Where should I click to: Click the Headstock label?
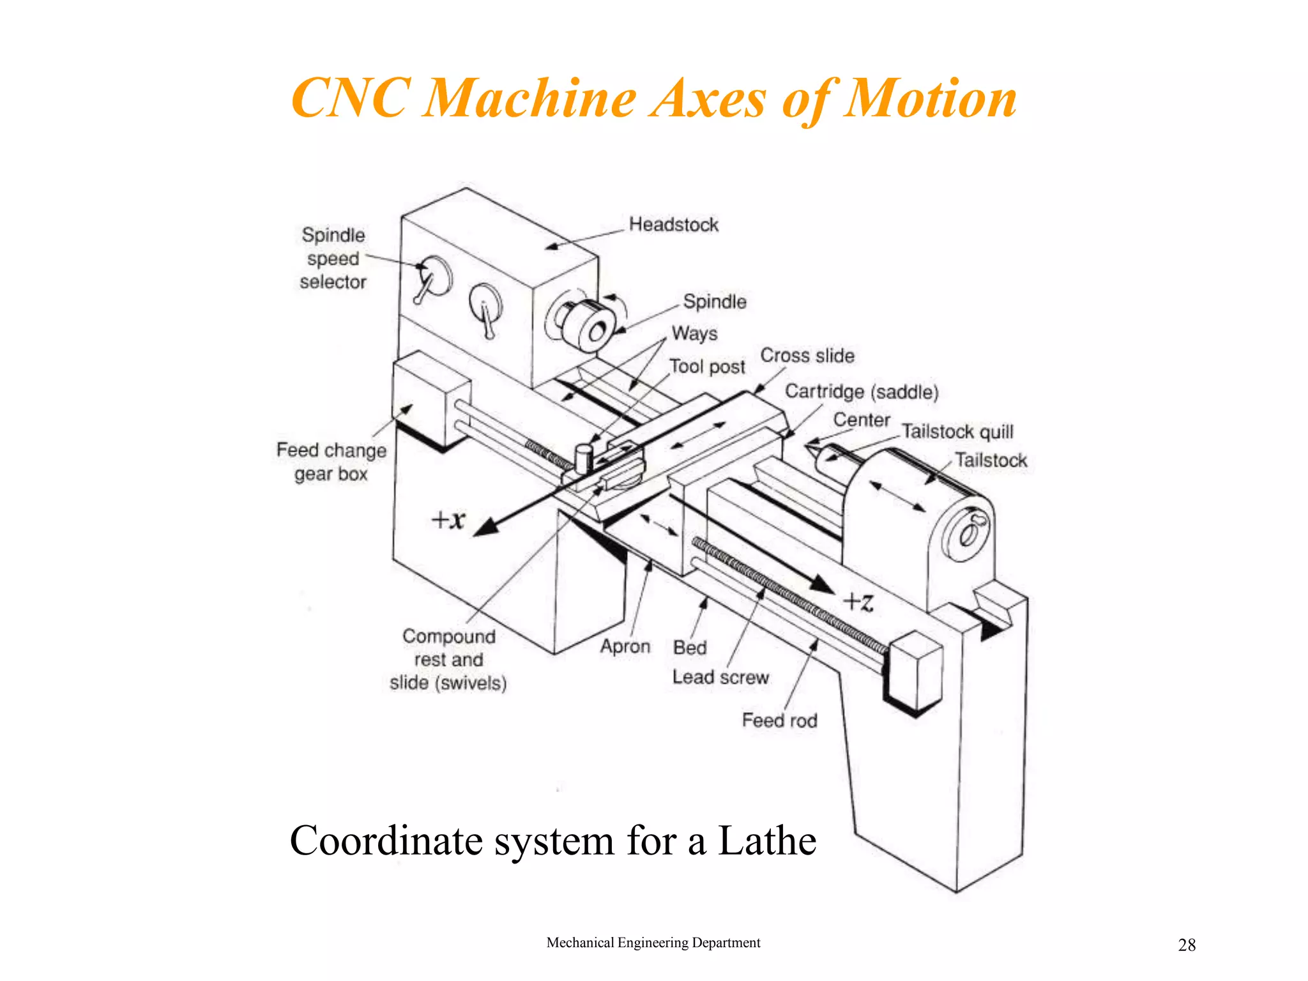pyautogui.click(x=673, y=225)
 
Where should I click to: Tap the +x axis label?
pyautogui.click(x=448, y=519)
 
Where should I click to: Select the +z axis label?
pyautogui.click(x=858, y=602)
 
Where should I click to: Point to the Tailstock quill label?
pyautogui.click(x=957, y=432)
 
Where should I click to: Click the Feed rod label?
pyautogui.click(x=779, y=720)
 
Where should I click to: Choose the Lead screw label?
pyautogui.click(x=720, y=677)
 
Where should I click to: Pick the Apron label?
pyautogui.click(x=625, y=646)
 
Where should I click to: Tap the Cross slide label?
pyautogui.click(x=807, y=356)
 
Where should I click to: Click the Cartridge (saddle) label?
pyautogui.click(x=862, y=392)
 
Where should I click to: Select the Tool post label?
pyautogui.click(x=707, y=367)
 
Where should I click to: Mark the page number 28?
pyautogui.click(x=1187, y=945)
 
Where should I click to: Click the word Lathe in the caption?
pyautogui.click(x=767, y=840)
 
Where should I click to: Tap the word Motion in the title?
pyautogui.click(x=929, y=99)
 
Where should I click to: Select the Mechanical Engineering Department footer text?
pyautogui.click(x=653, y=943)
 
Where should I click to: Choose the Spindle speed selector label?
pyautogui.click(x=333, y=259)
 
